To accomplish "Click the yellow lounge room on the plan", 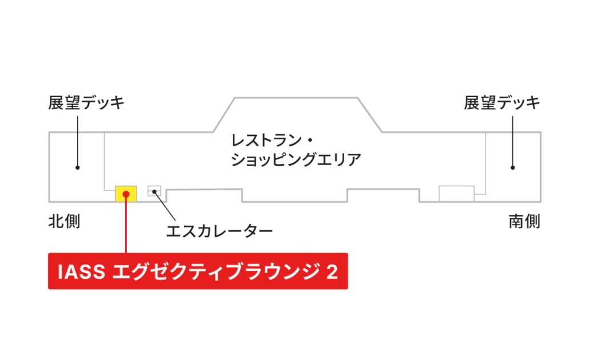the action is click(126, 194).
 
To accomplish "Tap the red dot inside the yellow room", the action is click(126, 194).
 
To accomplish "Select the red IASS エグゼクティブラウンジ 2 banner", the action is click(198, 271).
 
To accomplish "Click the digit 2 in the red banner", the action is click(332, 271).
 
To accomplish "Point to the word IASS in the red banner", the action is click(81, 271).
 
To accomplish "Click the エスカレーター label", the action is click(220, 231).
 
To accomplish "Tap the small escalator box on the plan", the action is click(154, 191).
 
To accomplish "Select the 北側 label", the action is click(64, 222).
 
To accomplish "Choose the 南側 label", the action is click(524, 222).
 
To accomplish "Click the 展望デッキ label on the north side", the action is click(86, 102).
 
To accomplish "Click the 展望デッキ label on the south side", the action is click(502, 102).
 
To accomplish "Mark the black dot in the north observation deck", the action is click(77, 167).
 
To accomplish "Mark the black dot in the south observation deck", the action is click(513, 167).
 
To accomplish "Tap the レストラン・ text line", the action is click(272, 141).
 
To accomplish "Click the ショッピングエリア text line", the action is click(296, 159).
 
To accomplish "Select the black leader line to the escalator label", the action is click(165, 206).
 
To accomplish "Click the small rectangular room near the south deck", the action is click(456, 194).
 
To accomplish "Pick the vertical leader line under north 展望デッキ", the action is click(77, 142).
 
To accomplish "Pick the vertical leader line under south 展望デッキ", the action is click(513, 142).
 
